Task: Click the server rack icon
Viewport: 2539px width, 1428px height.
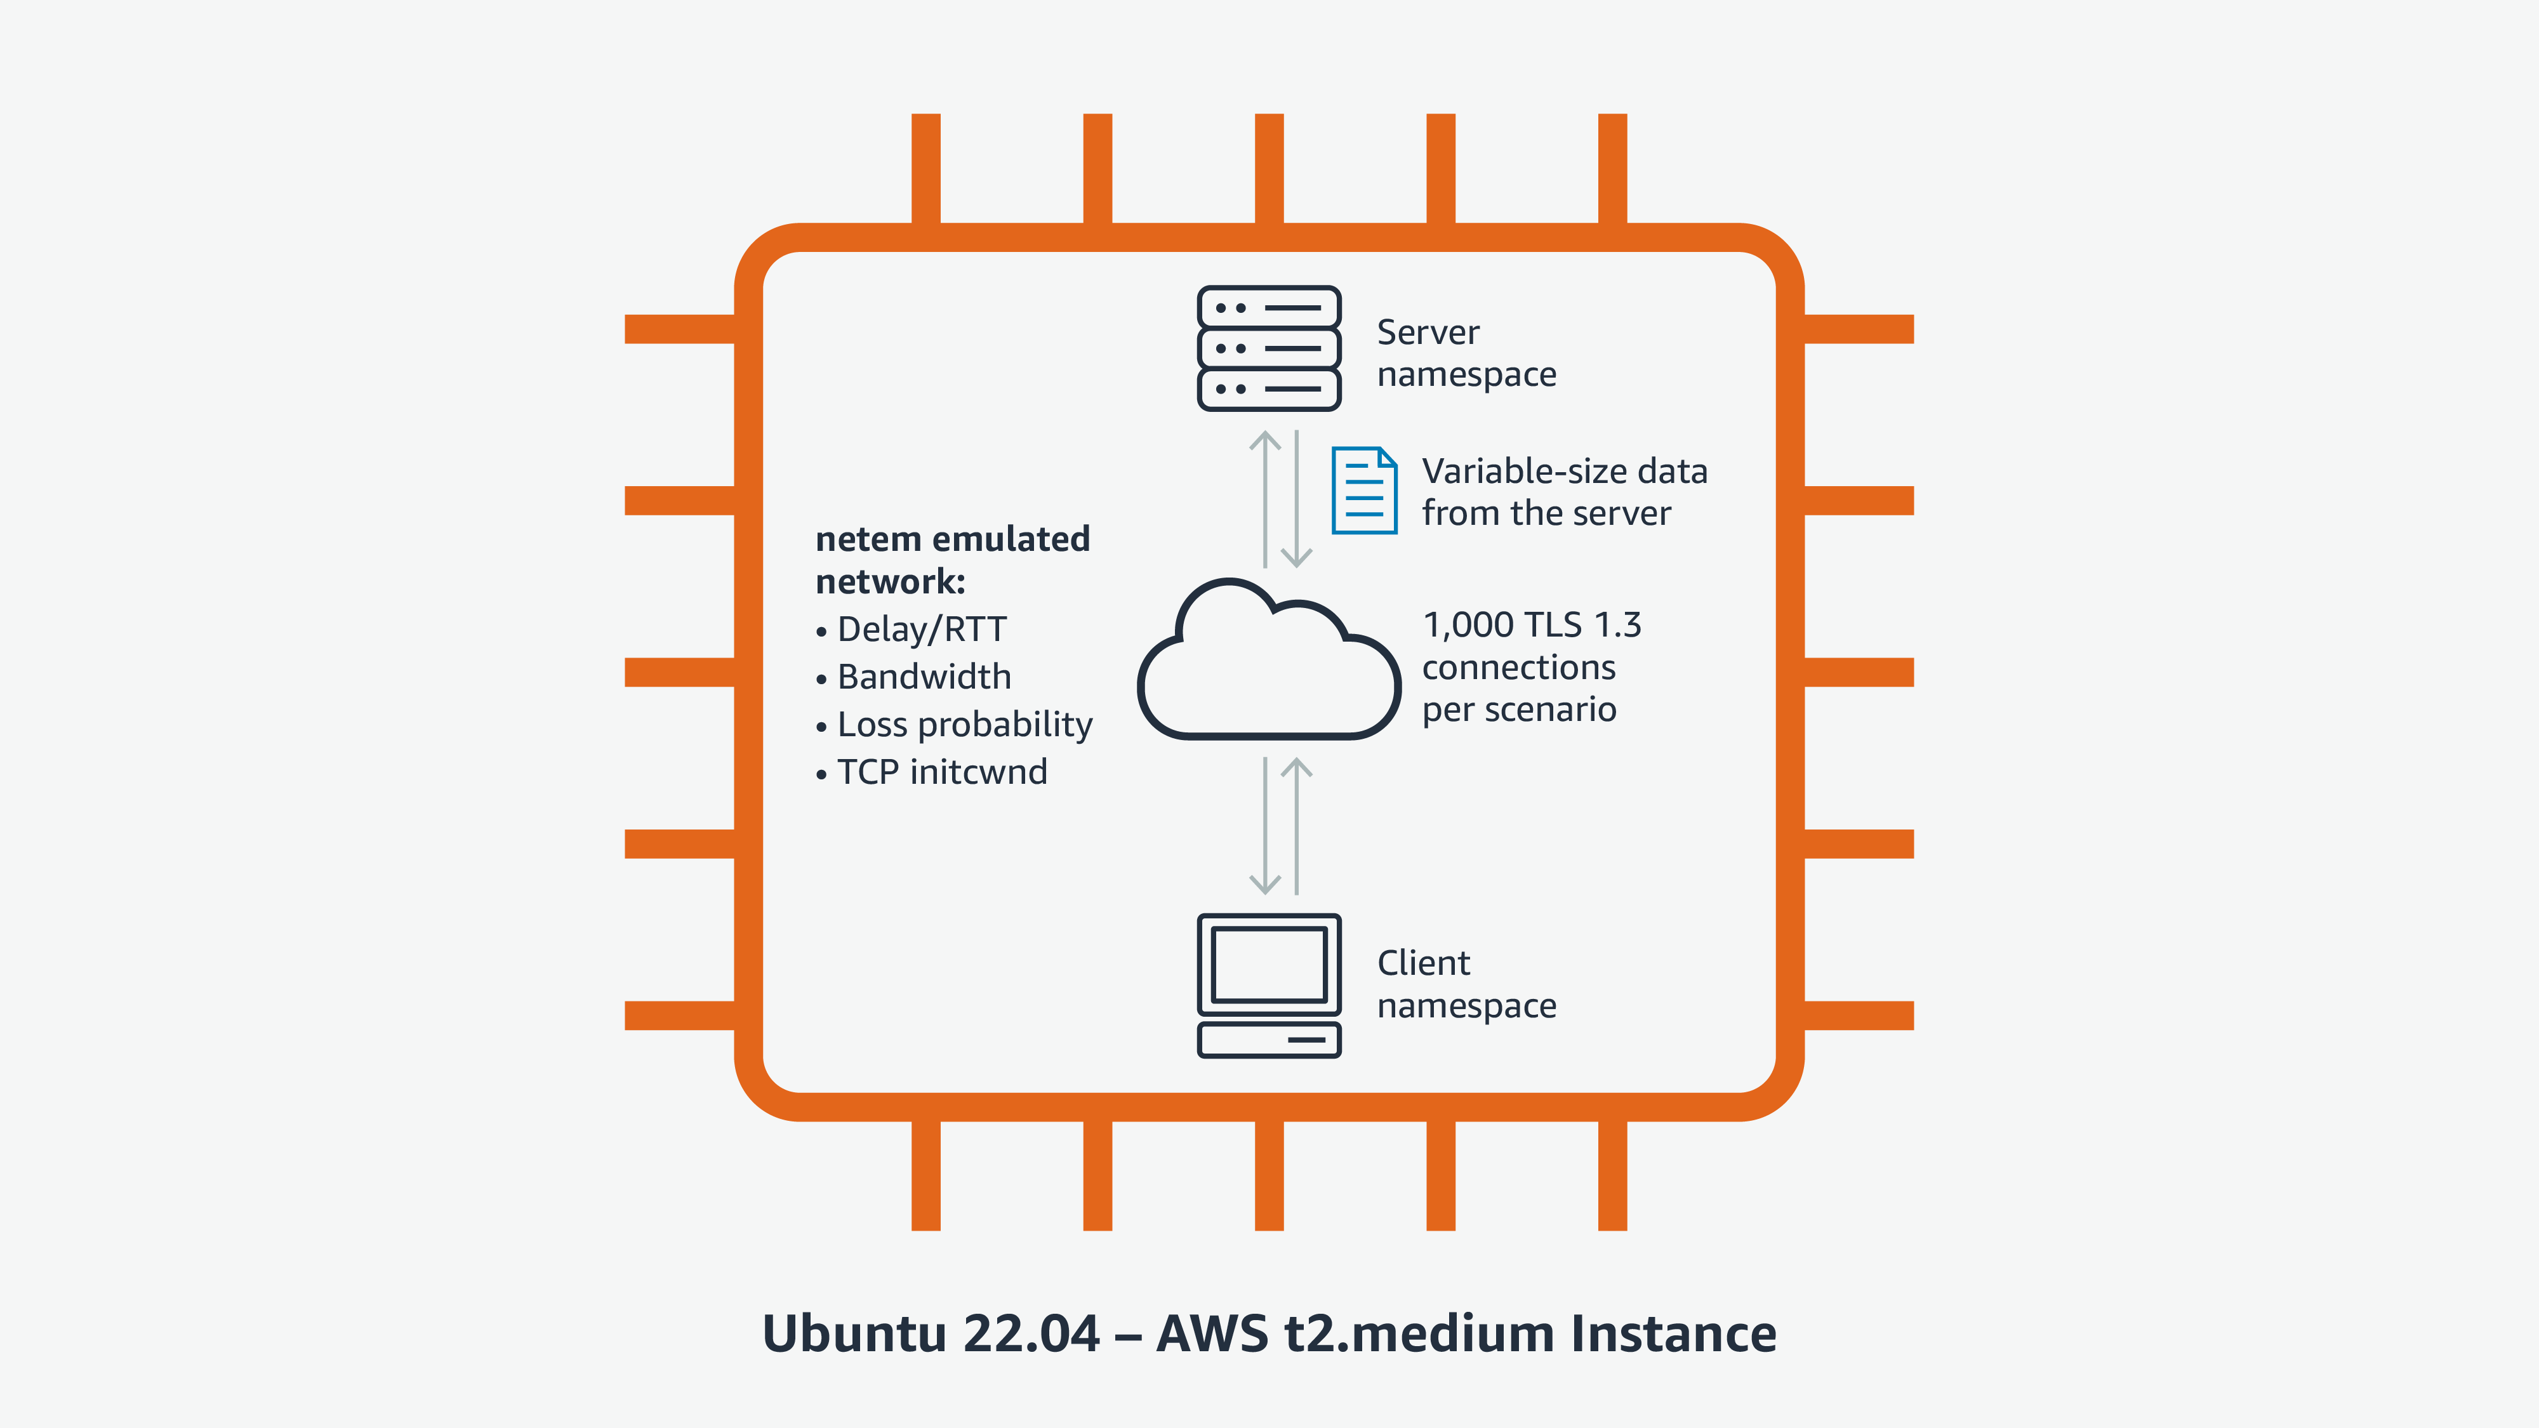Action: click(1268, 348)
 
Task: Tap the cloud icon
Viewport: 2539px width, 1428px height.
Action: click(1268, 660)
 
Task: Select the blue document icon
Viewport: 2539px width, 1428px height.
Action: click(1364, 490)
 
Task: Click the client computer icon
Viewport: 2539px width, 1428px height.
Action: click(1268, 986)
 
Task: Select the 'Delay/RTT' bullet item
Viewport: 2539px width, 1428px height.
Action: click(922, 629)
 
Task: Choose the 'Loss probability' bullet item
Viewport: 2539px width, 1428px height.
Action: click(964, 724)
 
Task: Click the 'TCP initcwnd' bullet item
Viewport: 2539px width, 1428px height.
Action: click(941, 772)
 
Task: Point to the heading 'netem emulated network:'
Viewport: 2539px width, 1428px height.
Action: click(952, 560)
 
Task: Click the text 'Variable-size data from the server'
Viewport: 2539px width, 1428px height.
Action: click(1564, 492)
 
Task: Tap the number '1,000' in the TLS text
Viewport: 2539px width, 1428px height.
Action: click(1468, 625)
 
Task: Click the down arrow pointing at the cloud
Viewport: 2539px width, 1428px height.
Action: click(1296, 498)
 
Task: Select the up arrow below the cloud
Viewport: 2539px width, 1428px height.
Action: click(1296, 826)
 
